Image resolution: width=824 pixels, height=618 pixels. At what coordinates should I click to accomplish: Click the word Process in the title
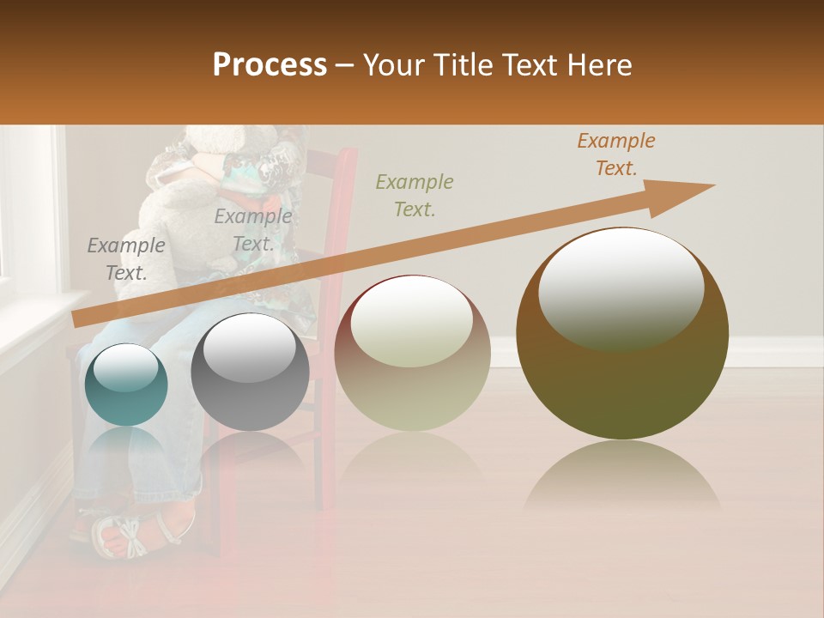pos(270,64)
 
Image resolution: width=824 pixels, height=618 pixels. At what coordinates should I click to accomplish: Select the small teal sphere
pos(126,385)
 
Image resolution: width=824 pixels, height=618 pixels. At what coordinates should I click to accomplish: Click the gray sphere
pos(250,372)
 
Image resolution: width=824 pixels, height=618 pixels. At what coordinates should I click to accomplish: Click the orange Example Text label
pos(616,154)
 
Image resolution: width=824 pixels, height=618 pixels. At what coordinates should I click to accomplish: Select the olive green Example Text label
pos(415,195)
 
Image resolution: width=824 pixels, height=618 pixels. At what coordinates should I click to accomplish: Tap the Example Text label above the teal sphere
pos(126,259)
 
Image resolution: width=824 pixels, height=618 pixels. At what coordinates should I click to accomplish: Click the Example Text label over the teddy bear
pos(253,230)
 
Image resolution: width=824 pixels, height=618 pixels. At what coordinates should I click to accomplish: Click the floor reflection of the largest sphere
pos(622,476)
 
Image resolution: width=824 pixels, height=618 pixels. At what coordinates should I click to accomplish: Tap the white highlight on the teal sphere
pos(125,367)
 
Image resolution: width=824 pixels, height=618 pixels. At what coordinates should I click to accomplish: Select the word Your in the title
pos(391,64)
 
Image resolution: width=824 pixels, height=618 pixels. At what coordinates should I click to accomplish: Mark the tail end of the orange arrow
pos(77,320)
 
